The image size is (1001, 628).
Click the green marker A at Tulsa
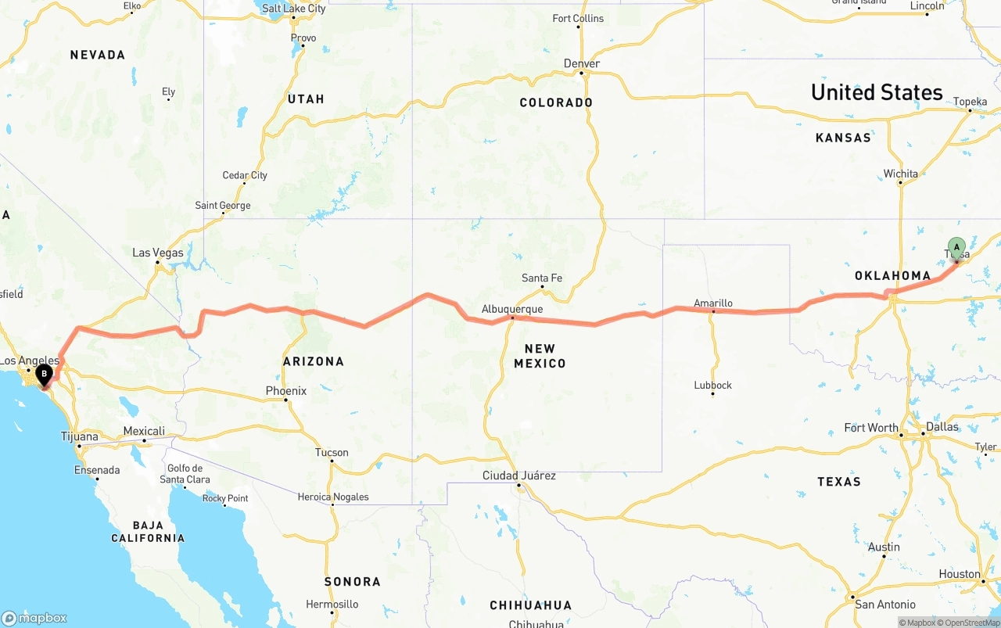point(956,249)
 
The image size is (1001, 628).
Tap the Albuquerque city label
point(512,310)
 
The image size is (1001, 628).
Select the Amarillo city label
point(713,303)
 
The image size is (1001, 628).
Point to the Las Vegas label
point(158,253)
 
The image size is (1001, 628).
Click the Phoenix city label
point(286,391)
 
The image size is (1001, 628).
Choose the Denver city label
point(582,63)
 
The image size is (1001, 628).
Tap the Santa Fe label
point(542,278)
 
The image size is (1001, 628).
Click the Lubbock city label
point(713,385)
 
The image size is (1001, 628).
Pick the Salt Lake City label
point(294,9)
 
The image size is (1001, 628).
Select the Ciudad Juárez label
point(519,475)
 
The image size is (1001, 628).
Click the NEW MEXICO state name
point(540,356)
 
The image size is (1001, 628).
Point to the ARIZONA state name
point(314,361)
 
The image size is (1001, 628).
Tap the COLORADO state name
point(556,102)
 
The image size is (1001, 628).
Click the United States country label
point(877,92)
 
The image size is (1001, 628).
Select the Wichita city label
point(901,174)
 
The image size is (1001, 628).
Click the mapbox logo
point(34,618)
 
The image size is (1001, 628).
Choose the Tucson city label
point(332,453)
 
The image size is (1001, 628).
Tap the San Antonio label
point(885,605)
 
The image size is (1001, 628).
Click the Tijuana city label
point(80,436)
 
